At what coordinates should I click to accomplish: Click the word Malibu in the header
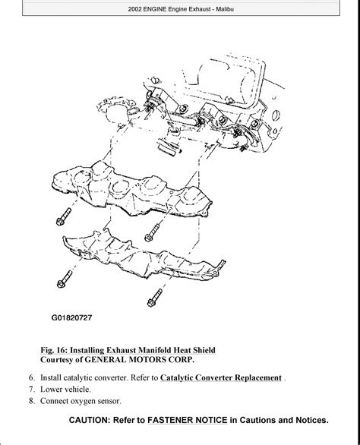pyautogui.click(x=225, y=9)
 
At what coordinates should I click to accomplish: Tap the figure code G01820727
pyautogui.click(x=71, y=317)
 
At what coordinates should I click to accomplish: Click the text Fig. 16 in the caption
pyautogui.click(x=54, y=350)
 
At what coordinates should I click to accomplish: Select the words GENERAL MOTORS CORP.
pyautogui.click(x=140, y=360)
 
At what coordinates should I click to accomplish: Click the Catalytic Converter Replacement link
pyautogui.click(x=221, y=377)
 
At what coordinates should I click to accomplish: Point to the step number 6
pyautogui.click(x=31, y=377)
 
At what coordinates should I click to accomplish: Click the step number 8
pyautogui.click(x=31, y=401)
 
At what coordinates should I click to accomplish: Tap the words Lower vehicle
pyautogui.click(x=65, y=389)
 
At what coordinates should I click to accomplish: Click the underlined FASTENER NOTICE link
pyautogui.click(x=188, y=420)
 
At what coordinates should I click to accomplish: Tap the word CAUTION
pyautogui.click(x=89, y=420)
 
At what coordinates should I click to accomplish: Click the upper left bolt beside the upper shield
pyautogui.click(x=63, y=217)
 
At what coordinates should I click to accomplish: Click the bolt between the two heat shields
pyautogui.click(x=152, y=232)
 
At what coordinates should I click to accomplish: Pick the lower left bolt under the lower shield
pyautogui.click(x=65, y=279)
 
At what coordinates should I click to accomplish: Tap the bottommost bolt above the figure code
pyautogui.click(x=155, y=298)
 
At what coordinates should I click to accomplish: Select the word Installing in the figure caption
pyautogui.click(x=89, y=350)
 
